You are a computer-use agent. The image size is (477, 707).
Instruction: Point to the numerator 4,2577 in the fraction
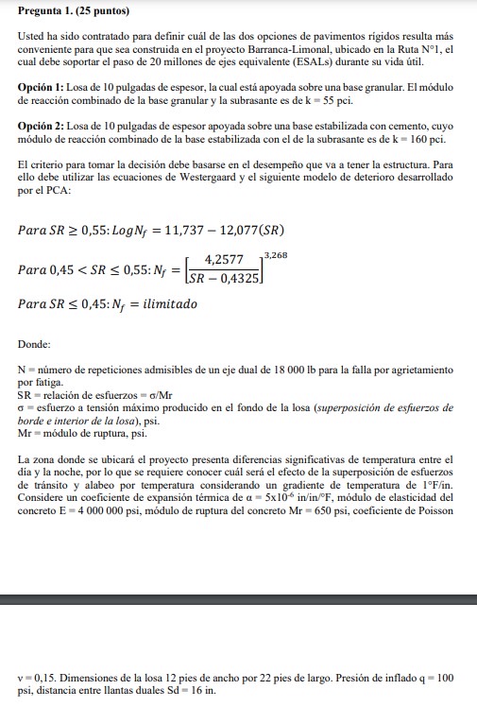224,260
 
